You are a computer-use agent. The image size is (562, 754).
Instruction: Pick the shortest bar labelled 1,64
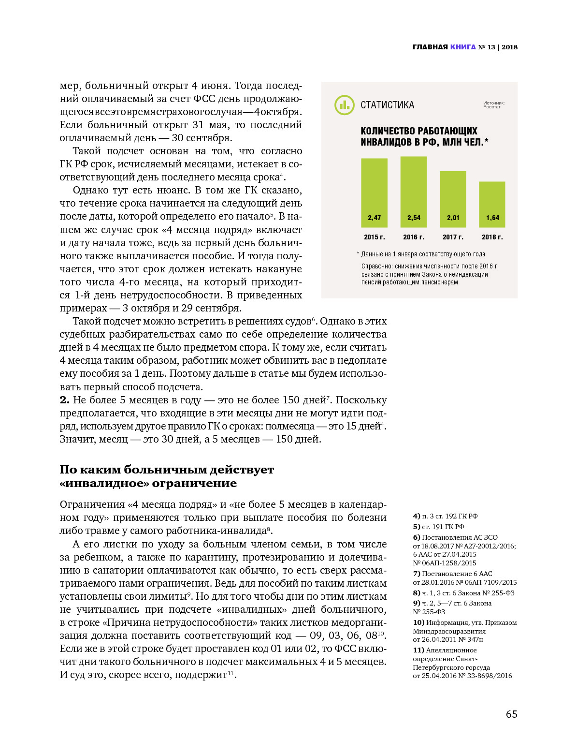[492, 204]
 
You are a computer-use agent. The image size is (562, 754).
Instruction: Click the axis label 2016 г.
[414, 237]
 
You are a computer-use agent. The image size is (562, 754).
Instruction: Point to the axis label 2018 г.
[492, 237]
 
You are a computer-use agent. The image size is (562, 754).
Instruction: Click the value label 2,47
[374, 218]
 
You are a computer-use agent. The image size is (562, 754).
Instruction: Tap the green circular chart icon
[344, 105]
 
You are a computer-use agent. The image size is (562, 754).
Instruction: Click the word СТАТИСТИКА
[387, 105]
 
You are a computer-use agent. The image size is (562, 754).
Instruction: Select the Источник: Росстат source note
[493, 105]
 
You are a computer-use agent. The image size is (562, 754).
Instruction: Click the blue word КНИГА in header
[463, 47]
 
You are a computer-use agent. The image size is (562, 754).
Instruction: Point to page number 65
[511, 714]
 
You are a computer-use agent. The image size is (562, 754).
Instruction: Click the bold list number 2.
[64, 400]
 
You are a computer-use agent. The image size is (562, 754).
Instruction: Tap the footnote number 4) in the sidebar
[417, 516]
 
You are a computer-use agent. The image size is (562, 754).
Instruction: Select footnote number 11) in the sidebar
[418, 650]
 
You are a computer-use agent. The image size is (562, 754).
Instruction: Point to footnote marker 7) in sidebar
[417, 574]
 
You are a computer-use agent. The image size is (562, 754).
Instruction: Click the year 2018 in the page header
[509, 47]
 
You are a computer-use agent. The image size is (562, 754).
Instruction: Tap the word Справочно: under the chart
[377, 266]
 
